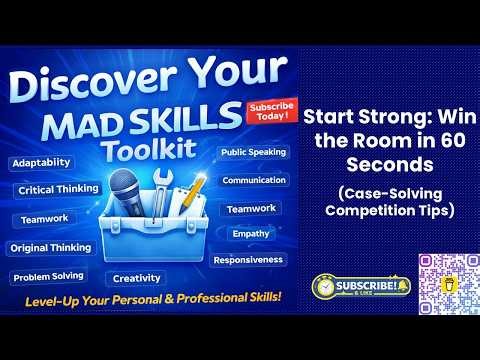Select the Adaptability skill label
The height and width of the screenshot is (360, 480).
click(42, 161)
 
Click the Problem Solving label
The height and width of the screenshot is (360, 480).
click(48, 276)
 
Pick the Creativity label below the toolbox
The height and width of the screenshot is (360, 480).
click(136, 278)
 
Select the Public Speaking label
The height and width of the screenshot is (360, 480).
click(254, 152)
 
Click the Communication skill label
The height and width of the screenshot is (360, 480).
click(254, 180)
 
